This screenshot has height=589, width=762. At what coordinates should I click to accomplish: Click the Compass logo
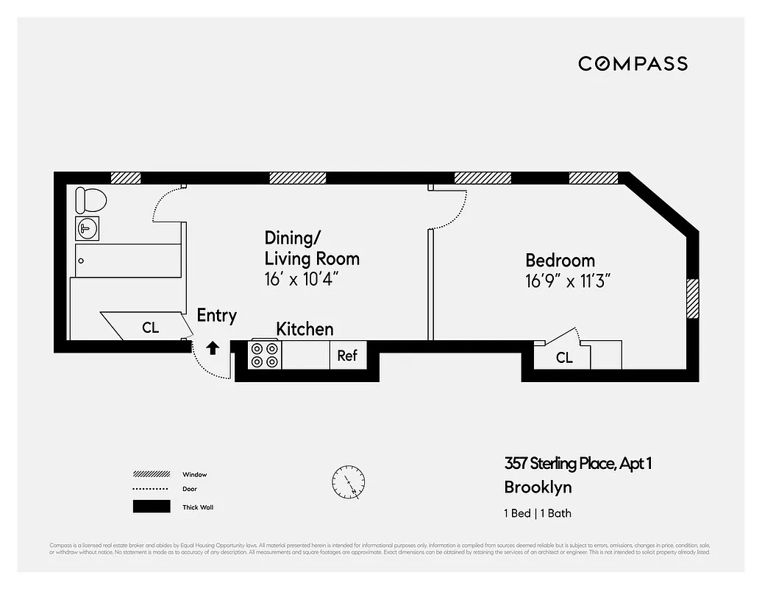click(633, 64)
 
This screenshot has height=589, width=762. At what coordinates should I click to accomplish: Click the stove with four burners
click(266, 355)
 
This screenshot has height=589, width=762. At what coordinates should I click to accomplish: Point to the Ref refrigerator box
click(347, 356)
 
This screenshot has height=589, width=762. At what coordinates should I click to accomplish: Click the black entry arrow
click(213, 348)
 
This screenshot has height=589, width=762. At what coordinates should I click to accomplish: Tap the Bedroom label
click(560, 260)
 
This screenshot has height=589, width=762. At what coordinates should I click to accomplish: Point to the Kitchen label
click(305, 328)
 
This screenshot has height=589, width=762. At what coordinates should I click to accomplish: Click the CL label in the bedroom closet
click(564, 358)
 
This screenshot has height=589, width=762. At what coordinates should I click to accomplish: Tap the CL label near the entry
click(150, 328)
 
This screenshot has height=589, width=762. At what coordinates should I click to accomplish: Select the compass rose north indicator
click(347, 482)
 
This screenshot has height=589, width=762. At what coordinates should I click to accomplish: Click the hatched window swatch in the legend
click(151, 474)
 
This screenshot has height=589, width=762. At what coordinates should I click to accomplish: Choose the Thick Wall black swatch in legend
click(151, 507)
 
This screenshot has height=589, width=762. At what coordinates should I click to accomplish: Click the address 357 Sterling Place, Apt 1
click(578, 463)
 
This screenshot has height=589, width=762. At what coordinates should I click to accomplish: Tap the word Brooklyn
click(538, 487)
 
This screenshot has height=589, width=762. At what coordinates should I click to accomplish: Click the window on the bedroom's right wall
click(692, 298)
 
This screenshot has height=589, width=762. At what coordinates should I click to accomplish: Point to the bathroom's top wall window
click(125, 177)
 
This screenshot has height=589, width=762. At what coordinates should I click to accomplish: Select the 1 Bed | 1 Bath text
click(537, 513)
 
